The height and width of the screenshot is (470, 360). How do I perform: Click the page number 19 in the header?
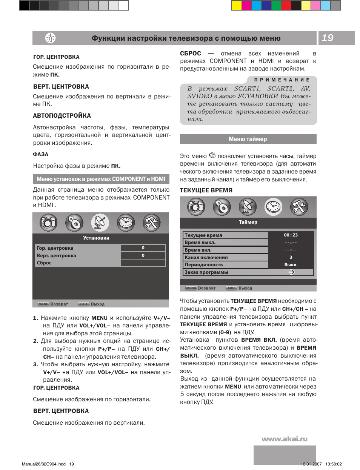pos(328,38)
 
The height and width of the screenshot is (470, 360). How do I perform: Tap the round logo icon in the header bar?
pos(50,38)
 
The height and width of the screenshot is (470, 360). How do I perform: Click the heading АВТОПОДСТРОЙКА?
pos(62,116)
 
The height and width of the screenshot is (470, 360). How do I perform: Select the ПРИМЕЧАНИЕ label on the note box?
pos(282,80)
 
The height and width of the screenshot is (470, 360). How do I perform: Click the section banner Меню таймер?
pos(248,139)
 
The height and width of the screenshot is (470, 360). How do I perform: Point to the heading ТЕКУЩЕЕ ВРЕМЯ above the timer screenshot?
pos(206,190)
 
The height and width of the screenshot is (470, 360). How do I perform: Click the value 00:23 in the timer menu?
pos(291,235)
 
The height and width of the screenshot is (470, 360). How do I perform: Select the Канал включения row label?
pos(206,257)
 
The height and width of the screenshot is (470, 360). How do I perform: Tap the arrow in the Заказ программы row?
pos(291,272)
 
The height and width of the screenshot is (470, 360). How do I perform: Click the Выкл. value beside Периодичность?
pos(291,265)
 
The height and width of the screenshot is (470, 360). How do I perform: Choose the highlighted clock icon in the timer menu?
pos(273,207)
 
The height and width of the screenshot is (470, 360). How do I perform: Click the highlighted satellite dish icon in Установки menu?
pos(100,223)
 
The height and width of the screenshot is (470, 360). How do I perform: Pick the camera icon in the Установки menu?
pos(49,223)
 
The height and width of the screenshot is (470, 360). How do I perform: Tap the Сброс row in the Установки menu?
pos(45,263)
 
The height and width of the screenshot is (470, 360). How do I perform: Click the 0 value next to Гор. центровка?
pos(143,248)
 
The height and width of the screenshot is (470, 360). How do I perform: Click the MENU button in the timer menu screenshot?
pos(191,288)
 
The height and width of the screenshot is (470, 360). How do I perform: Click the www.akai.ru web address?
pos(285,439)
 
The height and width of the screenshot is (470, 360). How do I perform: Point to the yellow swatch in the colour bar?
pos(236,5)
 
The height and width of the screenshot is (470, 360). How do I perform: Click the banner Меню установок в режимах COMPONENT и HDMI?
pos(101,179)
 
